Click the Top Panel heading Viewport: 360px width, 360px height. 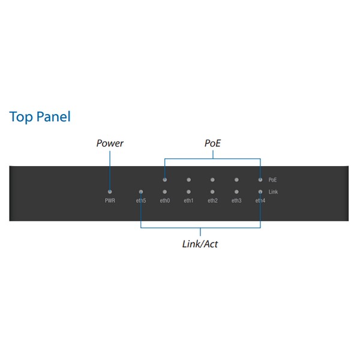pyautogui.click(x=40, y=116)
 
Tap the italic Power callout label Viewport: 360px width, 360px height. pyautogui.click(x=110, y=143)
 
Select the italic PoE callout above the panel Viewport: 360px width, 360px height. pyautogui.click(x=212, y=143)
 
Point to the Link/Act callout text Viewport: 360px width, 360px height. pyautogui.click(x=200, y=244)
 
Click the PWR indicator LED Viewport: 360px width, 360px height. pyautogui.click(x=110, y=191)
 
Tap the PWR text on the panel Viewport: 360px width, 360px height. pyautogui.click(x=110, y=200)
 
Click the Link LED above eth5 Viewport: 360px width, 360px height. pyautogui.click(x=141, y=191)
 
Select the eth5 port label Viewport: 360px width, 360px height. pyautogui.click(x=141, y=200)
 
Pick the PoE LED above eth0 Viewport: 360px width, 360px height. pyautogui.click(x=165, y=179)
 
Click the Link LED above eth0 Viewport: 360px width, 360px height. pyautogui.click(x=165, y=191)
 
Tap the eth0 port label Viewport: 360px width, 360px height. pyautogui.click(x=165, y=200)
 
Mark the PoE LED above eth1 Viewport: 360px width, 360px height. pyautogui.click(x=189, y=179)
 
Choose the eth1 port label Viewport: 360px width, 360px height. pyautogui.click(x=188, y=200)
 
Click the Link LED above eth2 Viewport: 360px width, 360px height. pyautogui.click(x=212, y=191)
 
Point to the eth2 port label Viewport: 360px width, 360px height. pyautogui.click(x=212, y=200)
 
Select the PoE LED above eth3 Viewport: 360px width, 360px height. pyautogui.click(x=236, y=179)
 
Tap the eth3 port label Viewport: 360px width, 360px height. pyautogui.click(x=236, y=200)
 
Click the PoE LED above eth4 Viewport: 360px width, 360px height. pyautogui.click(x=260, y=179)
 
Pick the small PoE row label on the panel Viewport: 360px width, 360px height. pyautogui.click(x=272, y=180)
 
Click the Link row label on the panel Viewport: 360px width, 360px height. pyautogui.click(x=273, y=192)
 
